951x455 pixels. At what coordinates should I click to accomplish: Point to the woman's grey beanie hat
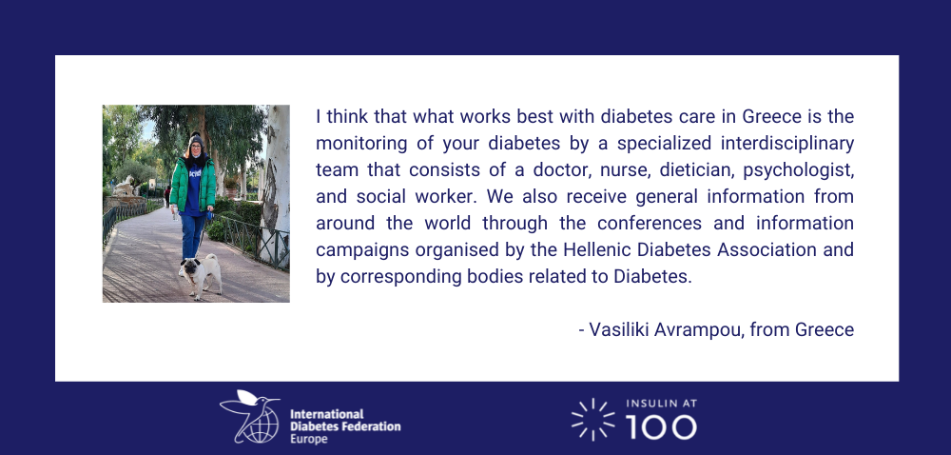[196, 141]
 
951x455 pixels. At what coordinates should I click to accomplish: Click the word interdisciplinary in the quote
[787, 144]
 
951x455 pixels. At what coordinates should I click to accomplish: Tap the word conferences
[650, 224]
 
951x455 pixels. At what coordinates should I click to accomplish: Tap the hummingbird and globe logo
[250, 416]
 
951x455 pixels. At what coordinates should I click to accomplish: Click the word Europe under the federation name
[309, 439]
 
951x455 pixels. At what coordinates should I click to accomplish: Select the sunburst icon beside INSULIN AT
[592, 419]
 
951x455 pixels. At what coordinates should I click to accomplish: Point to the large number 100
[661, 427]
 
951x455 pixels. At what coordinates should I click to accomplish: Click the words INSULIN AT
[661, 404]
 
